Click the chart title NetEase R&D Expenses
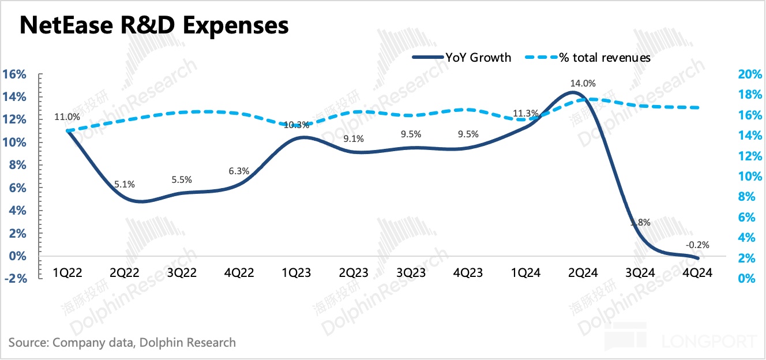click(154, 25)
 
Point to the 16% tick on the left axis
click(14, 74)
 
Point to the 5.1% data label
click(124, 185)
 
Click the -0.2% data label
click(698, 245)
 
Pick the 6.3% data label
click(239, 171)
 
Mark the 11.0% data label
click(67, 117)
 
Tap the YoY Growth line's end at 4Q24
click(699, 258)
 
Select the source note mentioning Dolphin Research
click(122, 342)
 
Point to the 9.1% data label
click(354, 138)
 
